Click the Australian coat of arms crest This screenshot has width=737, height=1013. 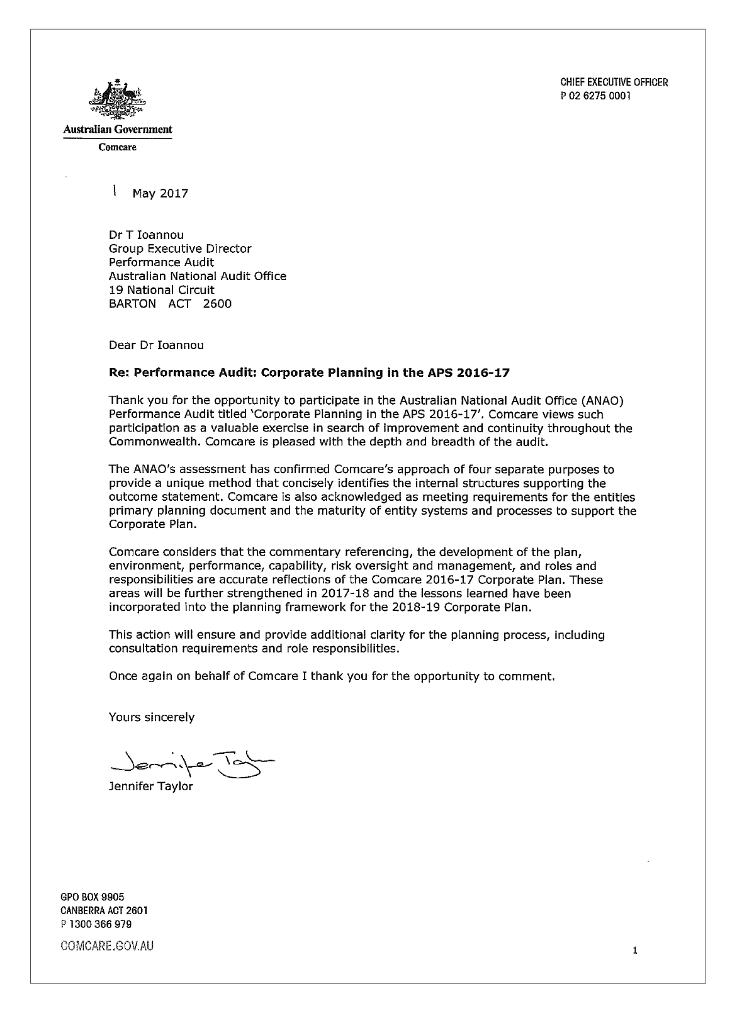117,100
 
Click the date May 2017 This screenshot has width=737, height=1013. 160,194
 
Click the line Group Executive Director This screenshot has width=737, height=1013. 180,249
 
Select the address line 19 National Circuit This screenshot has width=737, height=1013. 161,290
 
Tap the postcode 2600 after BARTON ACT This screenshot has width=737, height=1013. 217,304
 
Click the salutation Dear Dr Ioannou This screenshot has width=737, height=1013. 156,345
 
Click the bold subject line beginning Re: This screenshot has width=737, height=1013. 309,372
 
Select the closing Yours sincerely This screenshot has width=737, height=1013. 152,717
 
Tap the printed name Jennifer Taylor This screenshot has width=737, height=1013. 151,787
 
